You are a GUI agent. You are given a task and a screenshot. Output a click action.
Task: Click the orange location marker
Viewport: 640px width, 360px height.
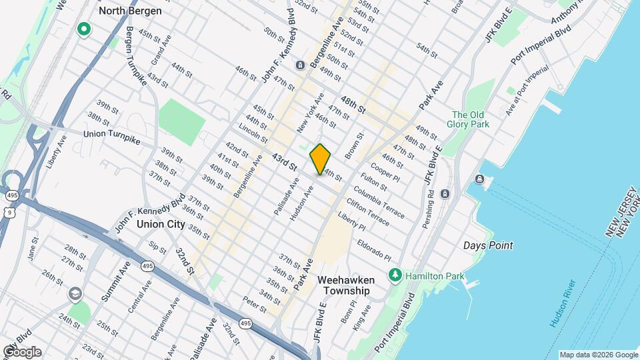tap(320, 159)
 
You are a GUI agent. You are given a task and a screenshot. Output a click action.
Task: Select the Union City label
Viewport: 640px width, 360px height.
tap(161, 225)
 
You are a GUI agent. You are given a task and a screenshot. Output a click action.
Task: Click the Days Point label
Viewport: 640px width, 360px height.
tap(488, 245)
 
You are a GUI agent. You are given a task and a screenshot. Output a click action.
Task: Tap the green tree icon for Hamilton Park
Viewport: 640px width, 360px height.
tap(395, 275)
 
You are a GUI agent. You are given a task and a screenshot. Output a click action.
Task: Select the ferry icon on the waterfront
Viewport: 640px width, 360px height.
tap(479, 179)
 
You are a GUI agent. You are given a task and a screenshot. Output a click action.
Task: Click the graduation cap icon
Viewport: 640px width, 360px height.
tap(75, 293)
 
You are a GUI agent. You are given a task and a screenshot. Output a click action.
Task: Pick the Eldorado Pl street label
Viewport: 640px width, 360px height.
tap(373, 250)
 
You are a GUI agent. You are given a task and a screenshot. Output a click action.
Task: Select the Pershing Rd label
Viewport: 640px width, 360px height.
tap(430, 209)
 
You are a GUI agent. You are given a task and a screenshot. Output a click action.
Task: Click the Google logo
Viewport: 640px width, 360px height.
tap(21, 352)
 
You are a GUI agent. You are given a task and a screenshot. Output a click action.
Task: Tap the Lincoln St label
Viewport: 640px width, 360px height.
tap(253, 133)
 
